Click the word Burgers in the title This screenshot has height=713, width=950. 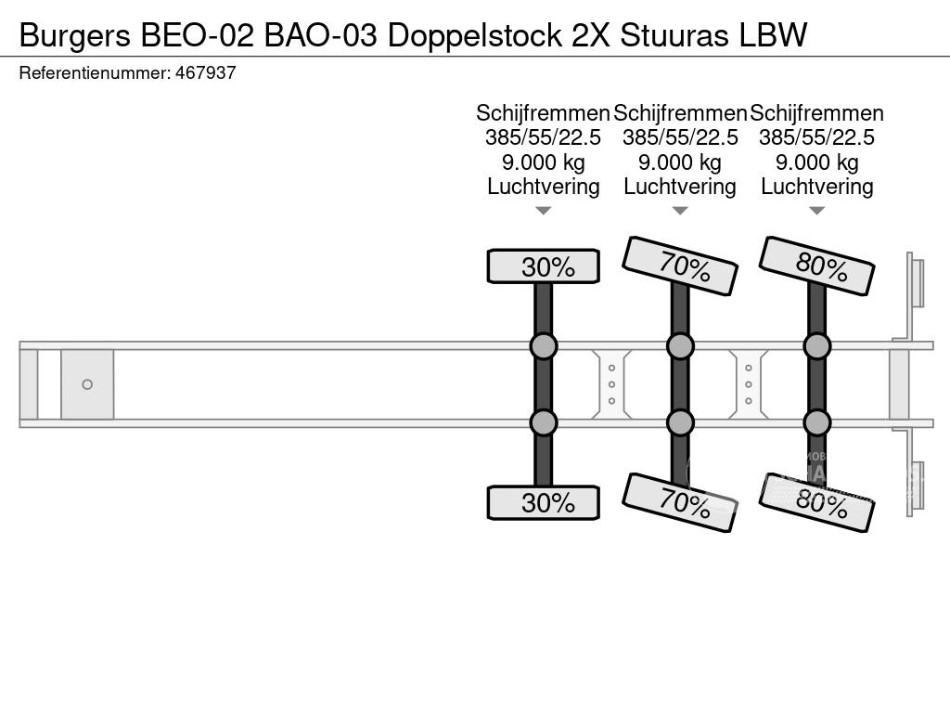click(x=75, y=36)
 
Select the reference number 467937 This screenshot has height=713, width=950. click(x=205, y=72)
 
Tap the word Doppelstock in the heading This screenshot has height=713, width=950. click(x=474, y=36)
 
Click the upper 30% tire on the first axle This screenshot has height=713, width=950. click(x=544, y=266)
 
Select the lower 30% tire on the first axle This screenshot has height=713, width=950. click(x=544, y=502)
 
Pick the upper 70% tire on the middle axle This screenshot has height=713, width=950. click(x=680, y=266)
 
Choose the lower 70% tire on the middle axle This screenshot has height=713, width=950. click(x=680, y=502)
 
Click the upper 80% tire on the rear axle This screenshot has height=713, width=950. click(x=816, y=266)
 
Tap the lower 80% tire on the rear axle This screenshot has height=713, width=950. click(x=816, y=502)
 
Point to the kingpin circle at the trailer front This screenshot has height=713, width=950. click(x=87, y=384)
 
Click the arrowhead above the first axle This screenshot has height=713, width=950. click(x=544, y=211)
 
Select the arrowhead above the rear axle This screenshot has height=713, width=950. click(x=816, y=211)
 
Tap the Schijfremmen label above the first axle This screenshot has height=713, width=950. click(x=543, y=113)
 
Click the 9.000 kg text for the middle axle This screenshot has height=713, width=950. click(x=680, y=162)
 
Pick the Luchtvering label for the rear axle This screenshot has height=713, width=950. click(x=816, y=187)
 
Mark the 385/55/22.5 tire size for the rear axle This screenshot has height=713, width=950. click(x=816, y=137)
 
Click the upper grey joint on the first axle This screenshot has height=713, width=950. click(x=544, y=346)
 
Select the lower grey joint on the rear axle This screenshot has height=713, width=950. click(x=816, y=422)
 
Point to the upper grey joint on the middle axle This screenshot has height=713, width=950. click(x=680, y=346)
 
